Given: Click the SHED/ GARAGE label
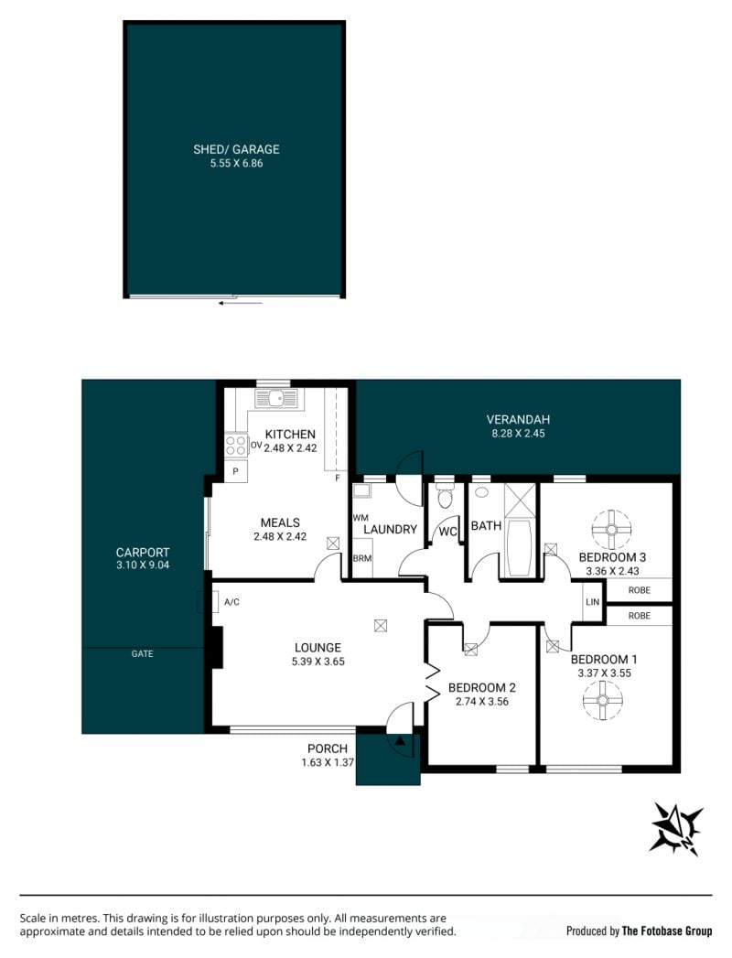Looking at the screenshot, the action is [236, 149].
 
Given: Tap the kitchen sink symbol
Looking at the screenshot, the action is [275, 398].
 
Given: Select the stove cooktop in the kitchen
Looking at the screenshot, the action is [236, 446].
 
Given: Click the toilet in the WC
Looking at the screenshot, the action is [445, 496].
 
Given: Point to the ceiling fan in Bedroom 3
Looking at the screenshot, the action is [611, 529].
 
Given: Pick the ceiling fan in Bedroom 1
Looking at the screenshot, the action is [602, 700].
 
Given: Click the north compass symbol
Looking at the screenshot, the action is [676, 828].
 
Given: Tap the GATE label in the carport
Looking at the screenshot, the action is [143, 653].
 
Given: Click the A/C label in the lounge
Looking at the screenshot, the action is [231, 602].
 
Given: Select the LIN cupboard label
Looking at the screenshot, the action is [592, 602].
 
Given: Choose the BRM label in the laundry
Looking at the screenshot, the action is [362, 558].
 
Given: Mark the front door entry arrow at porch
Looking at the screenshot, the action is [400, 741].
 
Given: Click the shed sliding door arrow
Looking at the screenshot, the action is [241, 303].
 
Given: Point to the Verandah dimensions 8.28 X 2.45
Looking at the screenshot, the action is [518, 433].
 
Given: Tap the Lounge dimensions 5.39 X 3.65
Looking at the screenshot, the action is [318, 661].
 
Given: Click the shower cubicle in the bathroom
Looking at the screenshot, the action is [520, 501].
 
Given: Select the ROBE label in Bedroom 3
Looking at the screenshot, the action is [639, 590].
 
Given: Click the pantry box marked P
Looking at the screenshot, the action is [236, 471].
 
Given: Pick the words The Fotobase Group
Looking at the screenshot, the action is [667, 931].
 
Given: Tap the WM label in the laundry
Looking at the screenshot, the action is [361, 518].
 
